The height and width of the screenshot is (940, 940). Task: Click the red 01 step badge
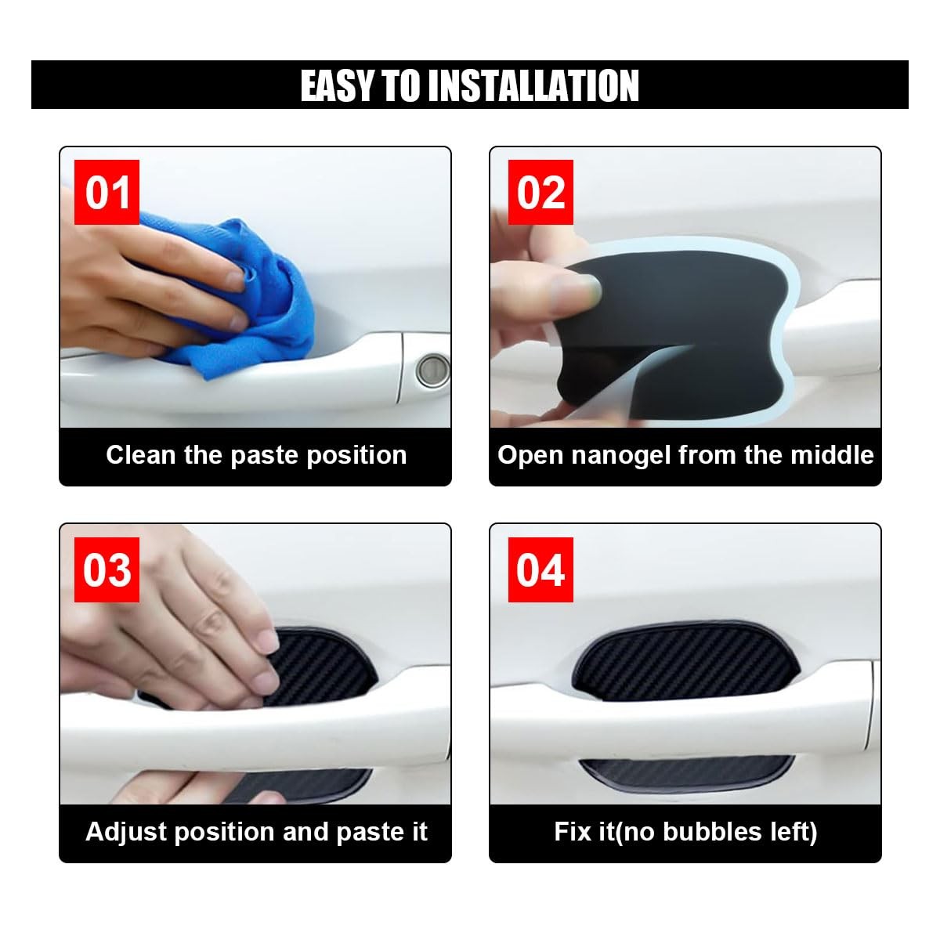click(107, 192)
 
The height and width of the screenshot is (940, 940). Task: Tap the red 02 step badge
click(540, 192)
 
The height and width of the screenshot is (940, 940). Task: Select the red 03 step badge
click(107, 569)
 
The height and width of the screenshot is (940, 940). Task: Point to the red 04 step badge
click(540, 569)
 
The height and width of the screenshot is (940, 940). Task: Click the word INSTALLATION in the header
click(536, 85)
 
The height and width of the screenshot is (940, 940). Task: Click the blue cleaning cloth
click(230, 298)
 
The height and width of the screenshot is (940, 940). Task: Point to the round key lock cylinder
click(432, 372)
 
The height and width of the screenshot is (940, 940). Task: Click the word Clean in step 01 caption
click(140, 455)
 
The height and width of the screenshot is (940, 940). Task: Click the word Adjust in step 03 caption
click(126, 832)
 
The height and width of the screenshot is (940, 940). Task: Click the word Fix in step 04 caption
click(569, 832)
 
